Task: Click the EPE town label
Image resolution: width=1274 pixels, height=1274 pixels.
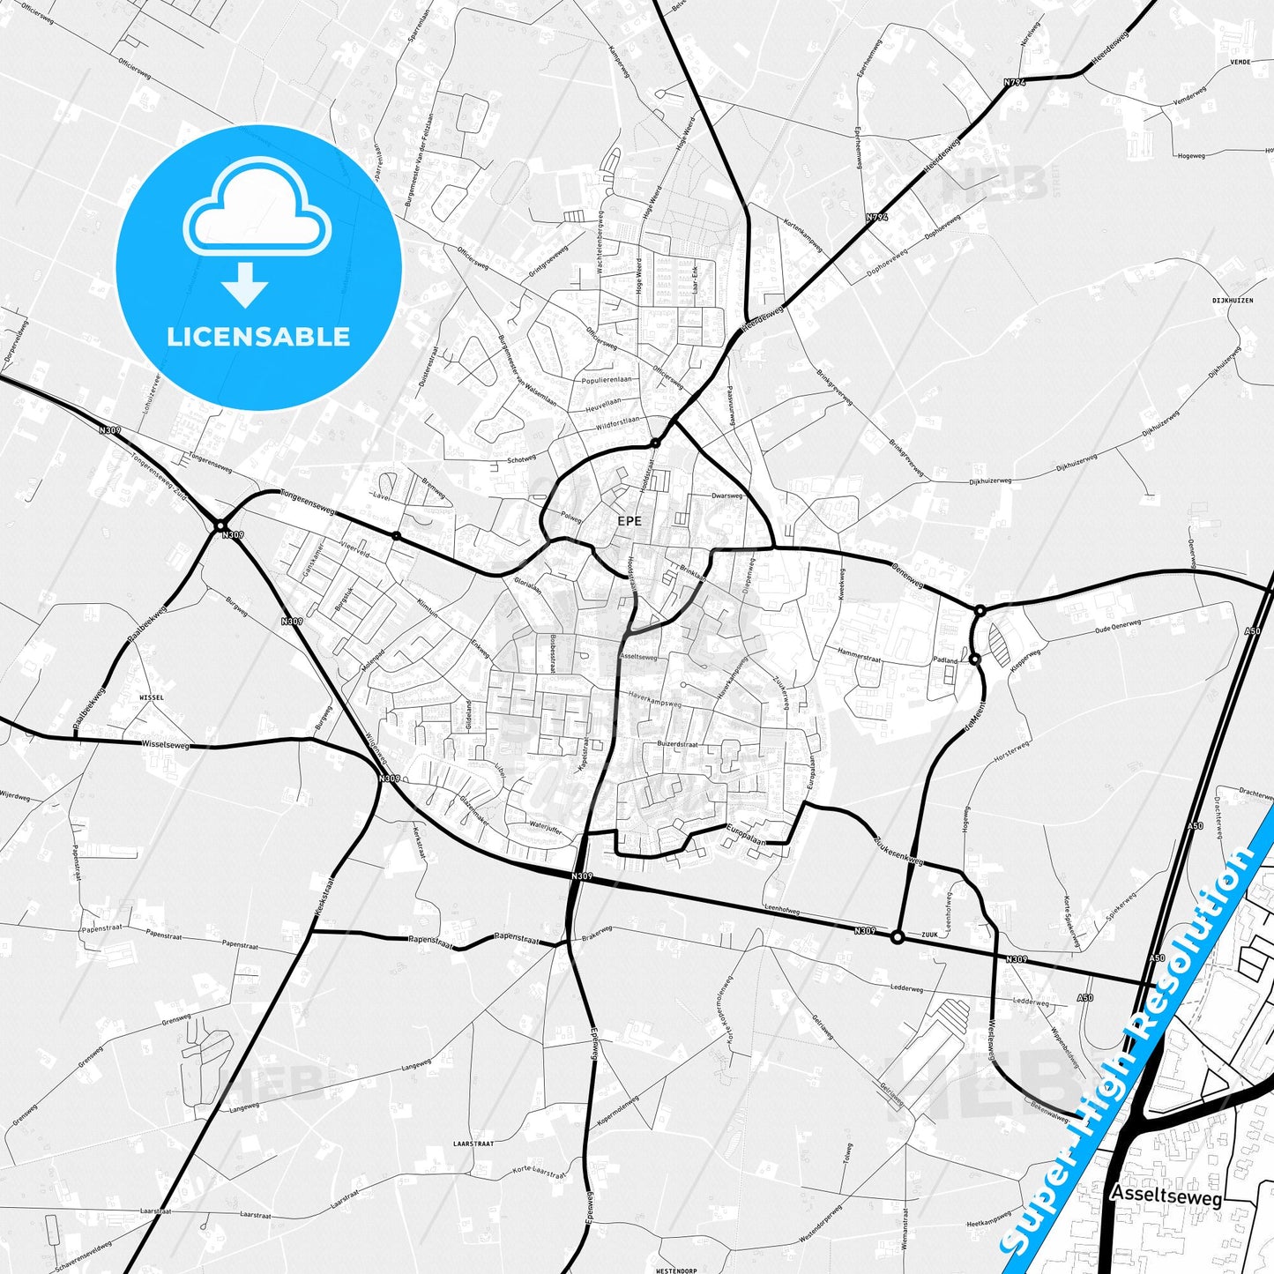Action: (630, 521)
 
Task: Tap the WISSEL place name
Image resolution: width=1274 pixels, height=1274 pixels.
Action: (152, 697)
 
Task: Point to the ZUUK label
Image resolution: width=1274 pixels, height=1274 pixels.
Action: (929, 935)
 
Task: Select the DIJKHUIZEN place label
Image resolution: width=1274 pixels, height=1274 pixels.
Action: (1233, 301)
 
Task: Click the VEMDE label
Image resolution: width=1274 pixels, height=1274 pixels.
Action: (1240, 63)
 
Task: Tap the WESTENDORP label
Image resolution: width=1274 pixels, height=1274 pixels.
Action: (677, 1270)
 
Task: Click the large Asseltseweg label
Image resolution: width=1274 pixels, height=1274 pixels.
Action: (1166, 1197)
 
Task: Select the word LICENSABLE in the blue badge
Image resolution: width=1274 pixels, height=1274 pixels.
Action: (258, 337)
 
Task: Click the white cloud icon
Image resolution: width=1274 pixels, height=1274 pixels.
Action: (257, 208)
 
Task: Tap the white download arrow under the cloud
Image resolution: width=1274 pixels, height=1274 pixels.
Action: (245, 285)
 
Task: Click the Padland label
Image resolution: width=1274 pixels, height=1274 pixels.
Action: (945, 659)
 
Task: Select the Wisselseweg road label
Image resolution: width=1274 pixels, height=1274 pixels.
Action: (165, 744)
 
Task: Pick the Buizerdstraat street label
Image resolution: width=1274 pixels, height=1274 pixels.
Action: (677, 744)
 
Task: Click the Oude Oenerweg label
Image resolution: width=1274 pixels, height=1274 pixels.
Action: (1118, 627)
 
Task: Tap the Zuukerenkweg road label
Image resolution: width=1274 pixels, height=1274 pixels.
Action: (898, 849)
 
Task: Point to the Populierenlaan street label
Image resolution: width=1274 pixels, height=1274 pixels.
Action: (607, 380)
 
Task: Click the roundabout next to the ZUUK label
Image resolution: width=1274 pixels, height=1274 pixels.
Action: (898, 937)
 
